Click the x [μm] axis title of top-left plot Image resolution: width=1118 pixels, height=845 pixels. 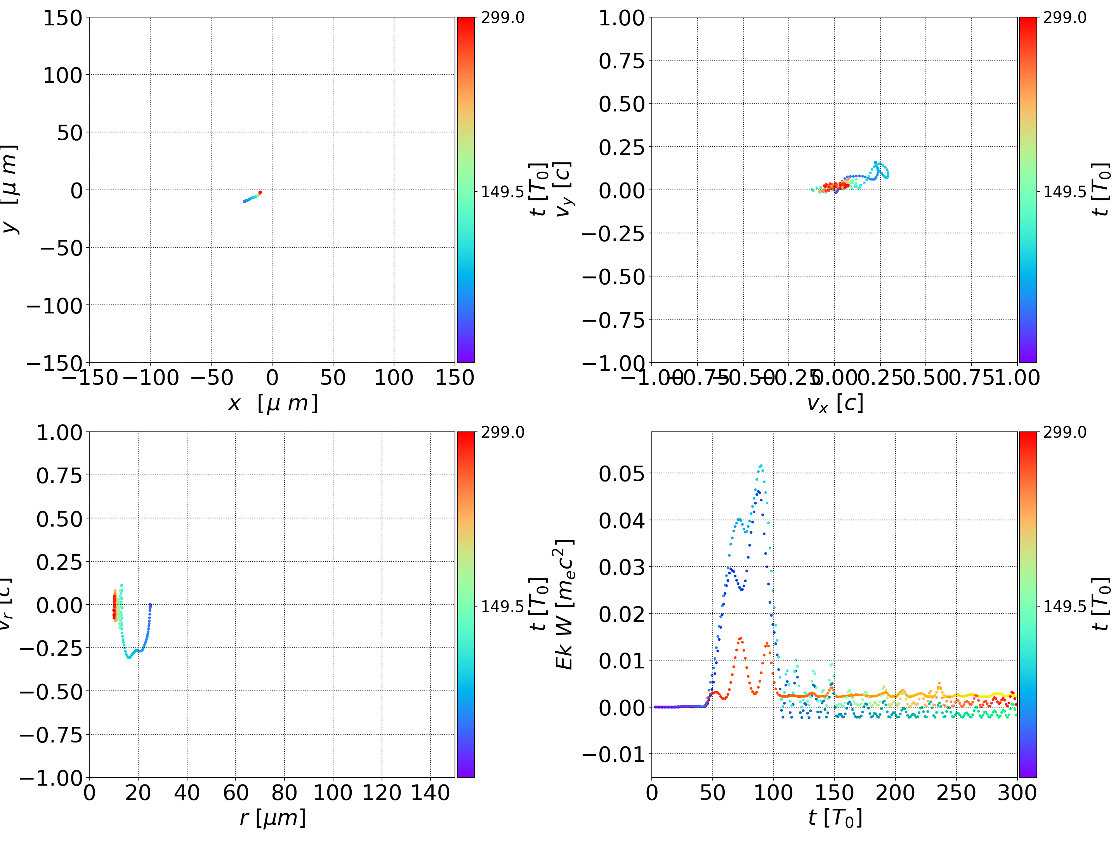click(x=273, y=403)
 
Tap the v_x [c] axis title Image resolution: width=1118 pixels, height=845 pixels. click(x=835, y=403)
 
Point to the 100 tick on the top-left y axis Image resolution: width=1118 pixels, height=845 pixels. click(x=62, y=75)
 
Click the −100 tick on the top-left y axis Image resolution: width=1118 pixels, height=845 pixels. click(x=54, y=306)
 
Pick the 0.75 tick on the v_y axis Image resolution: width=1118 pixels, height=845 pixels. click(x=621, y=61)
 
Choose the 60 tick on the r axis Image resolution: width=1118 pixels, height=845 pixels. click(x=236, y=793)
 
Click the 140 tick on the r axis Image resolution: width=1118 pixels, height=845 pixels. click(x=430, y=793)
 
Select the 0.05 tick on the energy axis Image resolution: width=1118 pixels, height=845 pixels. click(x=621, y=474)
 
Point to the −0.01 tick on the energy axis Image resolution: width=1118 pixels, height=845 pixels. click(x=614, y=755)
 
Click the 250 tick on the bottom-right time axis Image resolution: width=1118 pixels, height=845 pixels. click(x=956, y=793)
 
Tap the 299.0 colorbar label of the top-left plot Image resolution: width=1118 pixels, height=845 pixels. click(x=502, y=18)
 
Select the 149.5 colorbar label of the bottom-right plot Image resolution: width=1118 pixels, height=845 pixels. click(x=1064, y=606)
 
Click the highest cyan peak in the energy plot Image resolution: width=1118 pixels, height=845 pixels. click(x=760, y=466)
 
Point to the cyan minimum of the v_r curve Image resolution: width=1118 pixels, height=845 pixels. click(x=129, y=657)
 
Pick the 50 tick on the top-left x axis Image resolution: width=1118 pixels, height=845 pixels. click(x=333, y=378)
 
